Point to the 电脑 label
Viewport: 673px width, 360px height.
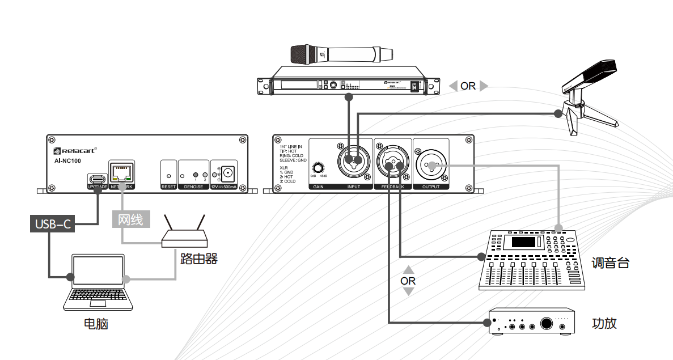click(x=96, y=324)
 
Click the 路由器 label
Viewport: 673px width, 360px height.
click(x=199, y=259)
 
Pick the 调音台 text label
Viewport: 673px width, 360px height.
click(x=610, y=263)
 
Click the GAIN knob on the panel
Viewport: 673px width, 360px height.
click(x=319, y=168)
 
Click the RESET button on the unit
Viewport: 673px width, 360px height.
click(x=168, y=176)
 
